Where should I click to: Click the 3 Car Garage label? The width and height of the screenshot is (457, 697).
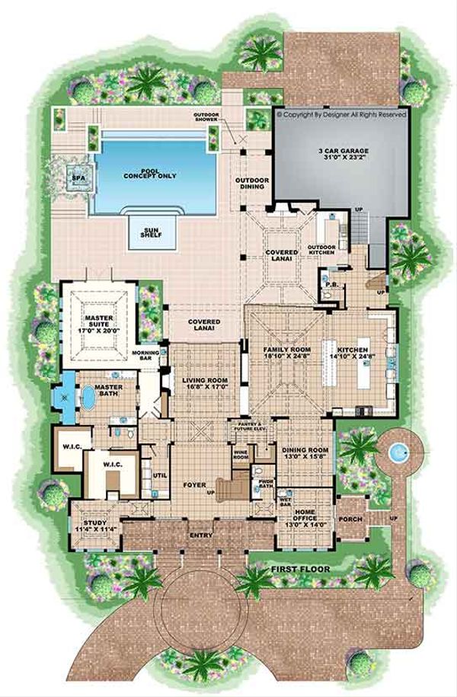[x=338, y=155]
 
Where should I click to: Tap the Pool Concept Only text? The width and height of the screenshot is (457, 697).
[x=151, y=173]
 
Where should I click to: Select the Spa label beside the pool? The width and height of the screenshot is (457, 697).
[x=76, y=178]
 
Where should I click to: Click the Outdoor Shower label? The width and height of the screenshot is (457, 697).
[x=206, y=117]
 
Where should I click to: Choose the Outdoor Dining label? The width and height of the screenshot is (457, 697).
[x=251, y=183]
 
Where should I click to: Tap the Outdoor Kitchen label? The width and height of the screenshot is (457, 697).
[x=322, y=249]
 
